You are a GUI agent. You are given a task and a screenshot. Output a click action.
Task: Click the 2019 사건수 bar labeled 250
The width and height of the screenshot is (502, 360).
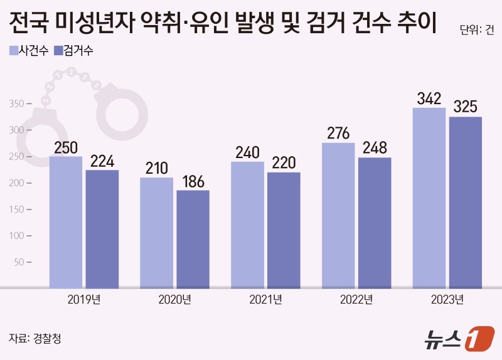click(x=66, y=223)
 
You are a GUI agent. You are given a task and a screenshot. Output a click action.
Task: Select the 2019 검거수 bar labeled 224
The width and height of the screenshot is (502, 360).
click(x=102, y=230)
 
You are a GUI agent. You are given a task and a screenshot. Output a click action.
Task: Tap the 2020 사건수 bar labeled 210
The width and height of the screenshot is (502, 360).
click(x=156, y=233)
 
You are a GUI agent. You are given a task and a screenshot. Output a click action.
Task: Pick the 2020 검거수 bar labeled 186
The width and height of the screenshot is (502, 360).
click(x=193, y=239)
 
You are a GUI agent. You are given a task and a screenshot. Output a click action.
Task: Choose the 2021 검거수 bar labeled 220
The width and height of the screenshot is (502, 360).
click(x=284, y=230)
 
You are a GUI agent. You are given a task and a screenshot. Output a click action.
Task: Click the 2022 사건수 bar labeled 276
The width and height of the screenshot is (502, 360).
click(x=338, y=216)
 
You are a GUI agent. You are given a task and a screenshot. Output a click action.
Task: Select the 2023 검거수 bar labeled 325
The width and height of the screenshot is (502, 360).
click(x=466, y=203)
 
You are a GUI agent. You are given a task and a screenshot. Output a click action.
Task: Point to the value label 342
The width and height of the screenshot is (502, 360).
click(x=430, y=99)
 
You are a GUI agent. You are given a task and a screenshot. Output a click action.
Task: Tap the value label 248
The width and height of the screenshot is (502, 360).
click(x=375, y=148)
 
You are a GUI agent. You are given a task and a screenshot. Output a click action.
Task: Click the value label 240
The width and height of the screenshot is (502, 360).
click(x=247, y=152)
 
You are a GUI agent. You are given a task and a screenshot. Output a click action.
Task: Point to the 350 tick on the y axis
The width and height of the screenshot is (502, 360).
click(x=21, y=103)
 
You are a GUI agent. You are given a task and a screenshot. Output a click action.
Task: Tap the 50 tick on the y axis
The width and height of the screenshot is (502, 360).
click(x=23, y=262)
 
